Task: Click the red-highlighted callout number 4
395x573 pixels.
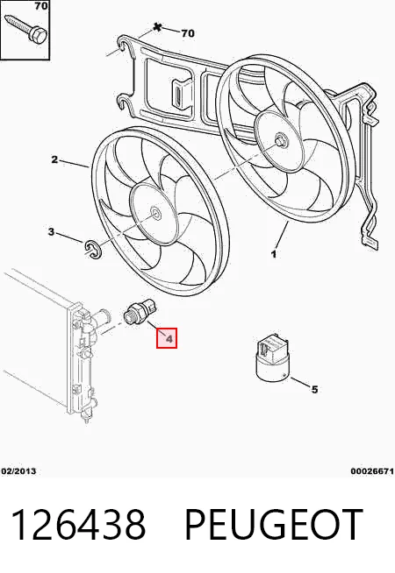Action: pyautogui.click(x=167, y=338)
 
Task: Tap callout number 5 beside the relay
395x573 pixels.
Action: pyautogui.click(x=314, y=390)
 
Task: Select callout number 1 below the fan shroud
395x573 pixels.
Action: pyautogui.click(x=274, y=253)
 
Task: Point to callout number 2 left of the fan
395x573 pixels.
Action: pyautogui.click(x=54, y=159)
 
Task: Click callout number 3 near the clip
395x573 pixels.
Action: pyautogui.click(x=51, y=231)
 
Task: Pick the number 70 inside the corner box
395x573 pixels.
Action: pyautogui.click(x=41, y=6)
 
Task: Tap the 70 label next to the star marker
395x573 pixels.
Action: pyautogui.click(x=188, y=33)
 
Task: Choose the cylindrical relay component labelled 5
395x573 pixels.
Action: pyautogui.click(x=272, y=359)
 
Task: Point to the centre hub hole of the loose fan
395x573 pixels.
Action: pyautogui.click(x=155, y=214)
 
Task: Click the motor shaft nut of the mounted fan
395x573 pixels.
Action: pyautogui.click(x=281, y=140)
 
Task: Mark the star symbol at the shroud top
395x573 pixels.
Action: pyautogui.click(x=157, y=27)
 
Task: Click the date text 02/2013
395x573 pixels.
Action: pyautogui.click(x=19, y=471)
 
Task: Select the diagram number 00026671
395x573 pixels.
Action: pyautogui.click(x=372, y=471)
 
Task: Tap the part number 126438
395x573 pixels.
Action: pyautogui.click(x=78, y=525)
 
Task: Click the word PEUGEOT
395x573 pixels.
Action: pyautogui.click(x=274, y=525)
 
